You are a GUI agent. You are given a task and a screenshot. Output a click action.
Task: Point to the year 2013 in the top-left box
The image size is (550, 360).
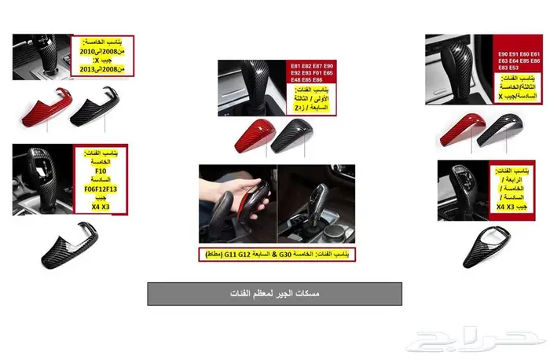pos(84,69)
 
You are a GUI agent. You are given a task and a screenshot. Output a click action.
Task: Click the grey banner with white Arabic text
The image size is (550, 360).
pos(274,293)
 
